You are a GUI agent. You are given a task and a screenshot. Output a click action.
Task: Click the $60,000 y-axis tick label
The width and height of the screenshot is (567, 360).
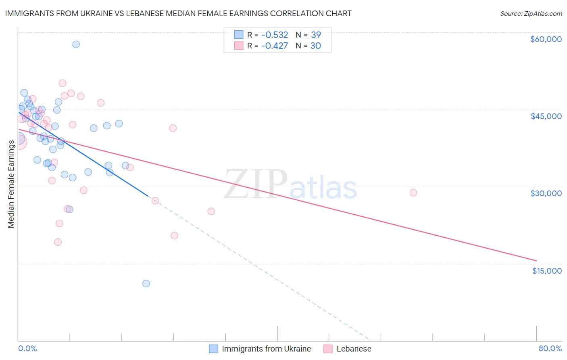(x=546, y=39)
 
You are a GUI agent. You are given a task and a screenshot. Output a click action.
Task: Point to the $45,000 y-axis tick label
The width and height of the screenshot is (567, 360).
(x=546, y=116)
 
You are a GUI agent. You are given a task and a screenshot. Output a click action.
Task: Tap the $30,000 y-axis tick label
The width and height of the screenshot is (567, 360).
(x=546, y=194)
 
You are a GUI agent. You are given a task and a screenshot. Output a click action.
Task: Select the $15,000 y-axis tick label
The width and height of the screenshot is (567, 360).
(x=547, y=271)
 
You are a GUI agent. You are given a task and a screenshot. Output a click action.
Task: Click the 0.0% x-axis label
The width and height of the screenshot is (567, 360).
(x=27, y=349)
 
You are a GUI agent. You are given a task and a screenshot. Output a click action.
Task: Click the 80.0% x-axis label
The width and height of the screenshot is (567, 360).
(x=550, y=349)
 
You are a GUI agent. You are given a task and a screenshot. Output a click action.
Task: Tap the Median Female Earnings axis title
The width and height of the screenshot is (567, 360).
(x=11, y=184)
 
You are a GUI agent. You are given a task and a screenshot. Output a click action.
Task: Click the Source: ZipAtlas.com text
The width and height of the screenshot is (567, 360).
(x=531, y=14)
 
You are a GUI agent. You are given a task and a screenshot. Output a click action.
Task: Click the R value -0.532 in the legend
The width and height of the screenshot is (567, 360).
(x=275, y=35)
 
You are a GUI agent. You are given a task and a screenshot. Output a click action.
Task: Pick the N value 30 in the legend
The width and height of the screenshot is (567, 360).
(x=316, y=46)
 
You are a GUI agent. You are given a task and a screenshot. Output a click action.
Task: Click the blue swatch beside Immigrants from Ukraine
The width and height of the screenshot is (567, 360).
(x=213, y=349)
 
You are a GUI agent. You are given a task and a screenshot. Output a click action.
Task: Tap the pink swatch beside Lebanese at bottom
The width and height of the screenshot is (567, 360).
(x=328, y=349)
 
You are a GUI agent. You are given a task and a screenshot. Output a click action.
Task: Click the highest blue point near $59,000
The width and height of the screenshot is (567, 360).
(x=76, y=44)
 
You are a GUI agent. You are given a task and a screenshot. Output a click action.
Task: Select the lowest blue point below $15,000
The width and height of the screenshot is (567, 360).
(x=146, y=283)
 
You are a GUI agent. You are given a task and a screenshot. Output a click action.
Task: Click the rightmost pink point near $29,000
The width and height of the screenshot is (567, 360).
(x=413, y=193)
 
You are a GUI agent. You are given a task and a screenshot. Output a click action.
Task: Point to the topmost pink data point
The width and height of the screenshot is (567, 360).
(x=63, y=83)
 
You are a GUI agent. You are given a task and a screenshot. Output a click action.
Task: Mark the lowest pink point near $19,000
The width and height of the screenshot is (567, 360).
(x=58, y=242)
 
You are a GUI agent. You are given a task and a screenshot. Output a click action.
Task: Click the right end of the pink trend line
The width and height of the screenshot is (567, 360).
(x=536, y=261)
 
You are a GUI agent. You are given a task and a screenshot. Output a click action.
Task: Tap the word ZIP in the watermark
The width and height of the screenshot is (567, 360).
(x=255, y=183)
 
